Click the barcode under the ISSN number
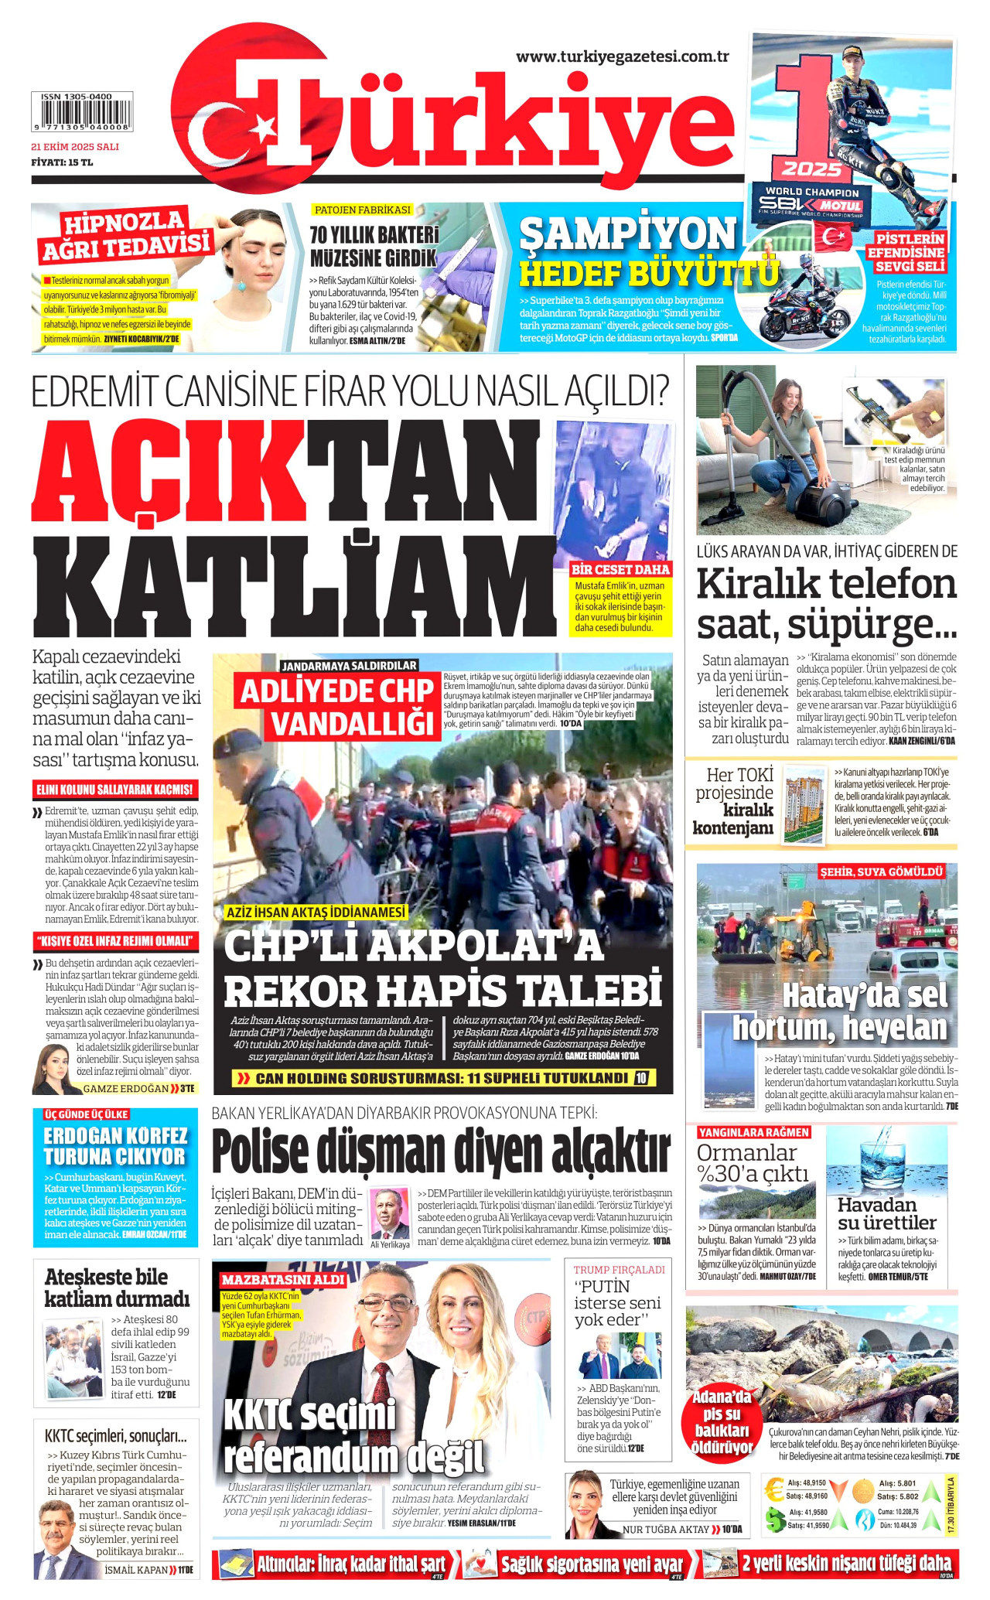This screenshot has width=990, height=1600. (81, 115)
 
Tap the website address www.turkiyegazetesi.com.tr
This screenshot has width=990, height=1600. (622, 56)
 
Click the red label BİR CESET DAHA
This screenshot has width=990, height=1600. (620, 570)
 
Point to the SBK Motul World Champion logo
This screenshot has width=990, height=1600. (811, 204)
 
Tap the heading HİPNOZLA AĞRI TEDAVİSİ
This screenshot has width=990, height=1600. (126, 235)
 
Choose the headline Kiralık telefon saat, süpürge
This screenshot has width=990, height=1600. (826, 604)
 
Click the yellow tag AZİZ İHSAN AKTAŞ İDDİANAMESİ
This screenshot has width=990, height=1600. (316, 913)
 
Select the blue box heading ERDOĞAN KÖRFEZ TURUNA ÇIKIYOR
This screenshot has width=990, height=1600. (116, 1146)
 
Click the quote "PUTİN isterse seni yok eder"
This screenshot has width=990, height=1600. (618, 1303)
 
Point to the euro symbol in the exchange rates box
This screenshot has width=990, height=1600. (774, 1490)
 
